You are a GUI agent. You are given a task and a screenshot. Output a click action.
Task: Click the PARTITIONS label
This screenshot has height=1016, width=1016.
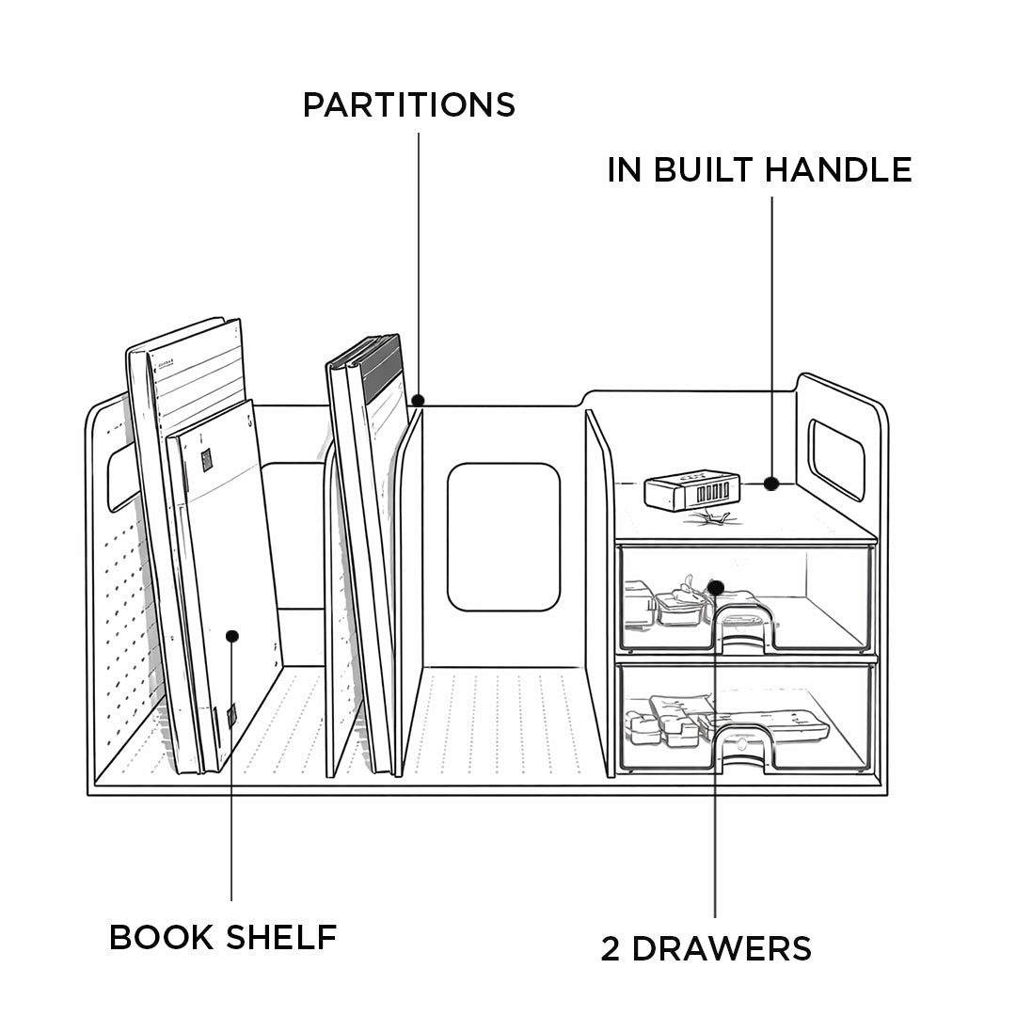pos(408,104)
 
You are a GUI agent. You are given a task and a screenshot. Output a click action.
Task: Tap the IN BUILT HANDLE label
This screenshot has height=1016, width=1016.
pos(759,170)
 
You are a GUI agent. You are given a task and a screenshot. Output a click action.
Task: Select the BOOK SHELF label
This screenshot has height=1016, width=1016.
pos(223,937)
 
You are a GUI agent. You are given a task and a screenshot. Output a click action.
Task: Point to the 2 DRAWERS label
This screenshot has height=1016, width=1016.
pos(706,948)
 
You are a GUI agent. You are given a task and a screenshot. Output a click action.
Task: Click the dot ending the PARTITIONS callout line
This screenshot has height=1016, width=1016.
pos(418,400)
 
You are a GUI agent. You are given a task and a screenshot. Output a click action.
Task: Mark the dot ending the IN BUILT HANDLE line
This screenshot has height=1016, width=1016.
pos(771,484)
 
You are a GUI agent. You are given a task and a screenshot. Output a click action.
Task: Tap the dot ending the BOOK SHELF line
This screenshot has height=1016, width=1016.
pos(232,636)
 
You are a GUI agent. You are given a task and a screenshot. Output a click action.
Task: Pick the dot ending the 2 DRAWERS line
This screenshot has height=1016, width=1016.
pos(715,588)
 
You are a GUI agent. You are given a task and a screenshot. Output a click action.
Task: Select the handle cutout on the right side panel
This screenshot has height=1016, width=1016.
pos(835,458)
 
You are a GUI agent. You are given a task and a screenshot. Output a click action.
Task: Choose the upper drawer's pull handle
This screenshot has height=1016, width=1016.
pos(743,627)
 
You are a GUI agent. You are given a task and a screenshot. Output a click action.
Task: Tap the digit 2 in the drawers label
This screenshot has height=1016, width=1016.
pos(611,948)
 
